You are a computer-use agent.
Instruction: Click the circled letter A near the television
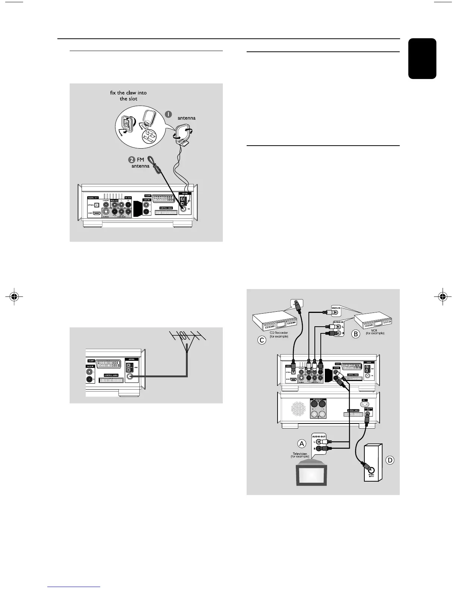coord(302,444)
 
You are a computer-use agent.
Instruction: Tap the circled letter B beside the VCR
coord(355,334)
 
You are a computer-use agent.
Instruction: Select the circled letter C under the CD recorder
coord(262,340)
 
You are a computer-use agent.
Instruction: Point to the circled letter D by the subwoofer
coord(390,460)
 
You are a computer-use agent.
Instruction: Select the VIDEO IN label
coord(336,308)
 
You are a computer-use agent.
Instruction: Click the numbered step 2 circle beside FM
coord(132,160)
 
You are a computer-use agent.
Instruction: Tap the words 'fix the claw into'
coord(129,93)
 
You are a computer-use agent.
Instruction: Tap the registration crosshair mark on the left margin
coord(14,297)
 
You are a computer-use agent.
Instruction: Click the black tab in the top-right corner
coord(422,58)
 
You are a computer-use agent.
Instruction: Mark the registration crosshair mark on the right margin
coord(442,297)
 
